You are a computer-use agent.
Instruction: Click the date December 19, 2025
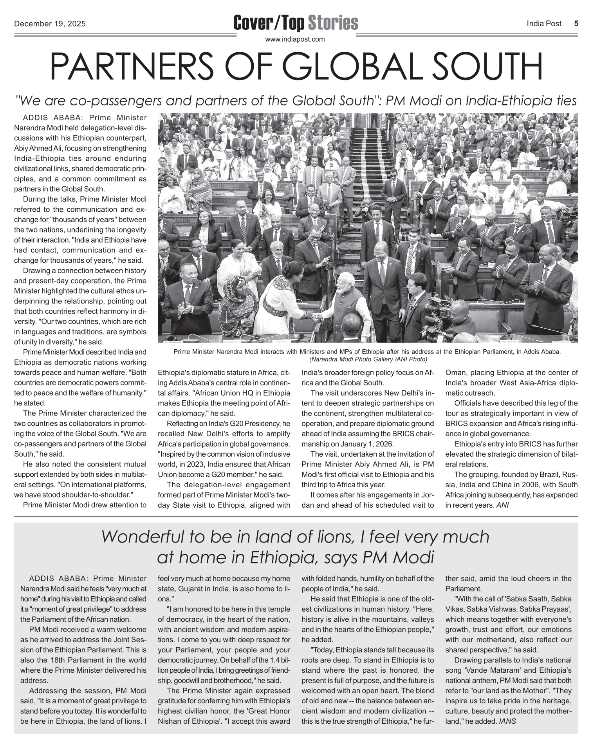50,24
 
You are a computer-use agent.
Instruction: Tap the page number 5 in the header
576,24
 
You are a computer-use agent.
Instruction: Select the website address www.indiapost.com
295,39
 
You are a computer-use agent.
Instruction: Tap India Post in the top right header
544,24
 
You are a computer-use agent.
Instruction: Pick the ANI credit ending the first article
502,505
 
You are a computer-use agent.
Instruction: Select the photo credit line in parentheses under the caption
368,359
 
